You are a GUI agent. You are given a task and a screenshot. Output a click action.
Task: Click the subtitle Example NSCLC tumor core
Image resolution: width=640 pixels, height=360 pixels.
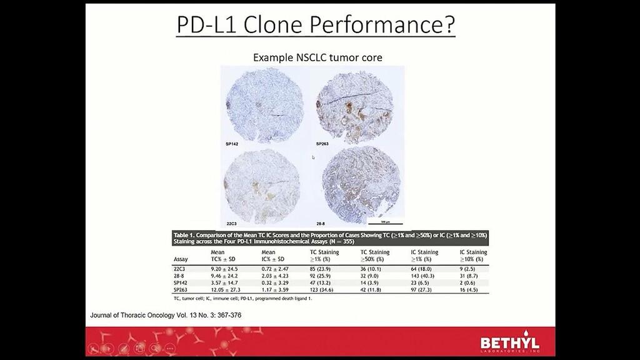317,57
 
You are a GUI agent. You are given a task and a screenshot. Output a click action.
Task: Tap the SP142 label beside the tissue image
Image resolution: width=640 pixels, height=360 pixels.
232,144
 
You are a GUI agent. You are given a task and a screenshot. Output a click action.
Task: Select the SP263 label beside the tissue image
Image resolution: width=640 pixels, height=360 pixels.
322,144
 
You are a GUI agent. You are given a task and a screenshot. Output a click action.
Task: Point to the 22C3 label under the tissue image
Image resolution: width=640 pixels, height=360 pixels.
231,222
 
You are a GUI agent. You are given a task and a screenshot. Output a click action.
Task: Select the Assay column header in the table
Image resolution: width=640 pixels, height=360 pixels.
181,259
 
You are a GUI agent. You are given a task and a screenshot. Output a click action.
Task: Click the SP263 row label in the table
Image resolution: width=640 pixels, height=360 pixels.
182,290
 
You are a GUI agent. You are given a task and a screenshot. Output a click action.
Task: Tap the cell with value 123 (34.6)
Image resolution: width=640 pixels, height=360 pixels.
325,290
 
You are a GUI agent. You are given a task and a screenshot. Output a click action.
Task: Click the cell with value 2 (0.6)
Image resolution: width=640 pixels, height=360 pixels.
470,282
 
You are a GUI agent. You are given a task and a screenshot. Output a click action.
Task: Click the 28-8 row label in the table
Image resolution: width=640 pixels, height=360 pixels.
179,275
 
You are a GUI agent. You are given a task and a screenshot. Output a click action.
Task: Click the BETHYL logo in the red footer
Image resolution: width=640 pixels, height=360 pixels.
509,343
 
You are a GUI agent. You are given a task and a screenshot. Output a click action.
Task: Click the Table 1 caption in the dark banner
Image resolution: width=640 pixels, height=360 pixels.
330,238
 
